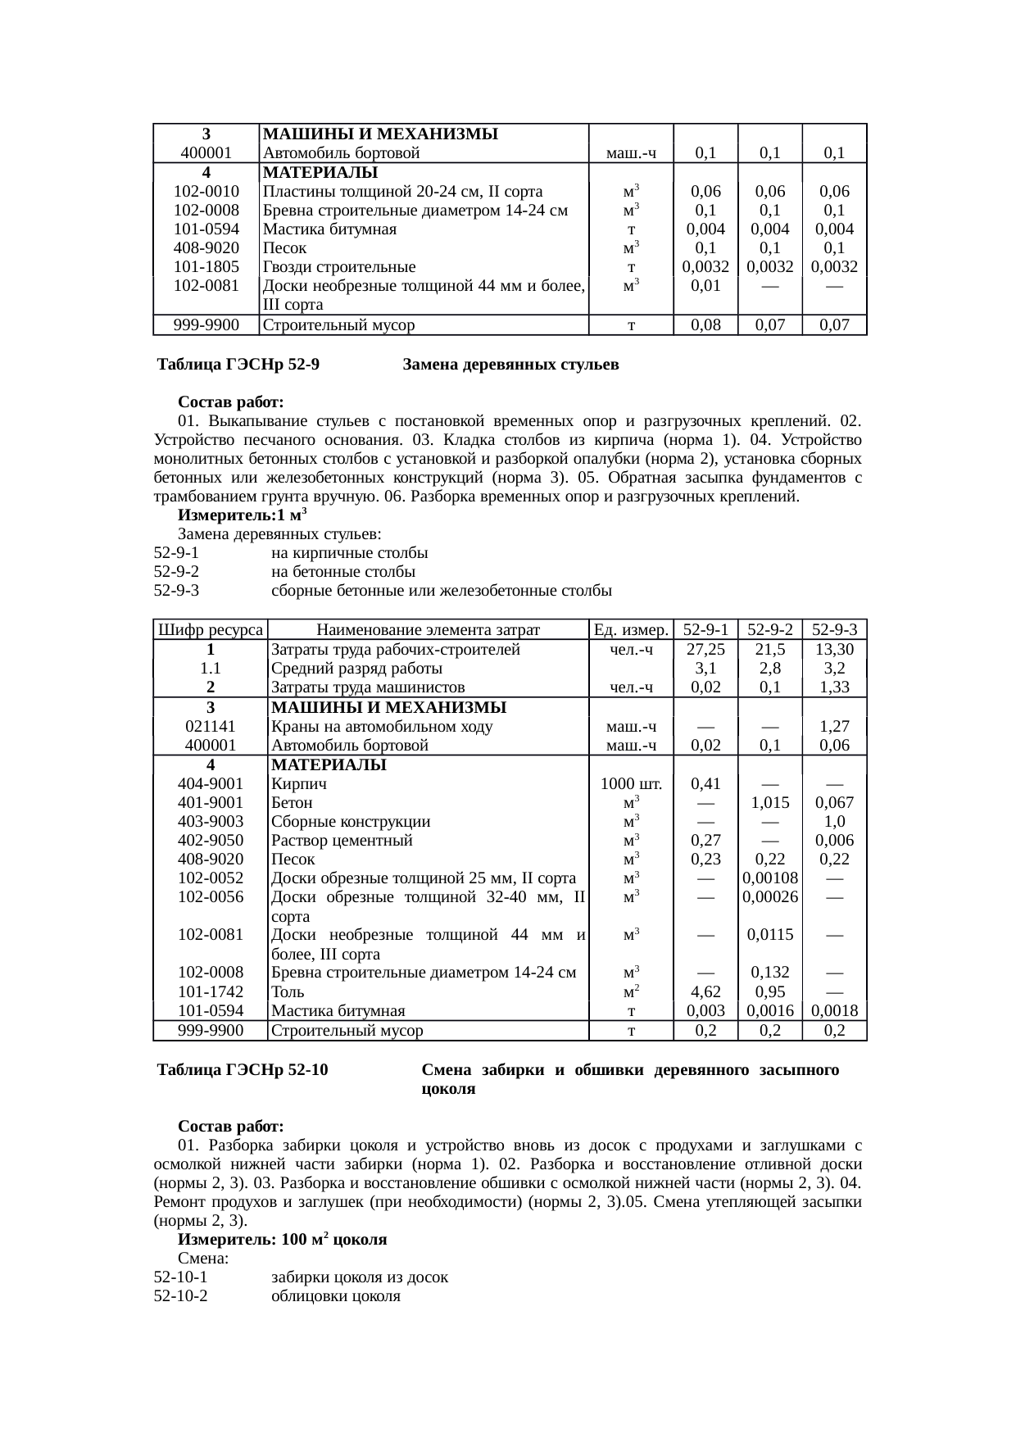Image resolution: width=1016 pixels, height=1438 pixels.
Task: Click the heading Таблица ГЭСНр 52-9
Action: pos(238,364)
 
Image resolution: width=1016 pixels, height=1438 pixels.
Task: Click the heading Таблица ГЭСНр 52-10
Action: pos(243,1070)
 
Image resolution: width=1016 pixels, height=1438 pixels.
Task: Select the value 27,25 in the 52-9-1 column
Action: pos(705,649)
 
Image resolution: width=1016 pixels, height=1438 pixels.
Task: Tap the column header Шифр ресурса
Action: pos(211,629)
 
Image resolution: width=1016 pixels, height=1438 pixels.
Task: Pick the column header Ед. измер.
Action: pos(631,629)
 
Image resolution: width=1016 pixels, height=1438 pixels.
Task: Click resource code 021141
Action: pos(211,726)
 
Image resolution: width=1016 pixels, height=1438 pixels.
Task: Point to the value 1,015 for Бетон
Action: pos(769,802)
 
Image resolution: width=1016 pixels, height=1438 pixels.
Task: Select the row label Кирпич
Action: pos(293,783)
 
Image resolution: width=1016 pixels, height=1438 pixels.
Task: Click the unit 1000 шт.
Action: pos(631,783)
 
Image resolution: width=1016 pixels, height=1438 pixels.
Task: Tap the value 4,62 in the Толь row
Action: pos(705,991)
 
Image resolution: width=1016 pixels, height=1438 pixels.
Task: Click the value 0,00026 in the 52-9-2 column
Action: pos(769,896)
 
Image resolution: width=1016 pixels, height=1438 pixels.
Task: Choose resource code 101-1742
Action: pos(211,991)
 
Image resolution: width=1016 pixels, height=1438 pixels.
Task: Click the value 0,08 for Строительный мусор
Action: pos(705,324)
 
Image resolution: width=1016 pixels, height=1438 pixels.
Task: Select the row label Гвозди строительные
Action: pos(338,266)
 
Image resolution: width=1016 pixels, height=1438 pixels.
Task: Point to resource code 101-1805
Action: pos(206,266)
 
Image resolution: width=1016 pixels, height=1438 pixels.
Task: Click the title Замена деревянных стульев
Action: pos(510,364)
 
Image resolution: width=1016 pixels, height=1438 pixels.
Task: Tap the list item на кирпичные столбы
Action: pos(349,553)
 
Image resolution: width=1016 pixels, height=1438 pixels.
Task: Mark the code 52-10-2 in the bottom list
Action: pos(180,1296)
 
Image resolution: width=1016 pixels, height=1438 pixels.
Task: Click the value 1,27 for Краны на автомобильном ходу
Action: pos(834,726)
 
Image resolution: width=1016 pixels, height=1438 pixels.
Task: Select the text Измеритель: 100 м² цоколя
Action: pos(282,1240)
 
